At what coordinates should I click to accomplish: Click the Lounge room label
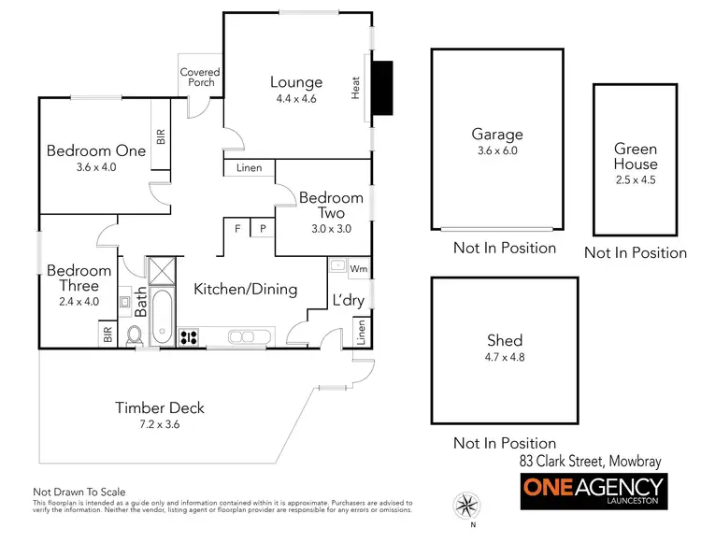click(296, 82)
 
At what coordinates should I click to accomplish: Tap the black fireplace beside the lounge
click(381, 88)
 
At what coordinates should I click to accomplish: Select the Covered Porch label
click(200, 77)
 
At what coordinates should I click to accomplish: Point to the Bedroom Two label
click(331, 206)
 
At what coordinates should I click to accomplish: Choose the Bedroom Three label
click(79, 278)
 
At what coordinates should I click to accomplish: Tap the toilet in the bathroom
click(133, 335)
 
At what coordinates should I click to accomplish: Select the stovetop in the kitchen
click(188, 337)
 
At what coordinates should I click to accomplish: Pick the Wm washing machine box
click(358, 269)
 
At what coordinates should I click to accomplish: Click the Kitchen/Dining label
click(245, 289)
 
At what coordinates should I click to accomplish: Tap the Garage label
click(496, 134)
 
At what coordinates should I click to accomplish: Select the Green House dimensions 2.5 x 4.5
click(636, 180)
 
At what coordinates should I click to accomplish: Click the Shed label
click(504, 340)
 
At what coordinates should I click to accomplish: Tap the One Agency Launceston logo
click(593, 492)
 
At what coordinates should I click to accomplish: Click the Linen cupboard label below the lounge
click(250, 168)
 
